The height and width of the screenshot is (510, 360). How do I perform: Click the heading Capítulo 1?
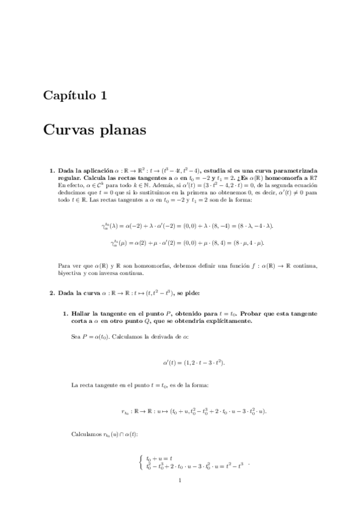tap(75, 95)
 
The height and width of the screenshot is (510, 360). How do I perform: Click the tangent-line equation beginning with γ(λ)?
tap(187, 226)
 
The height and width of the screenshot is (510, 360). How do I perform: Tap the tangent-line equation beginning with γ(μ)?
tap(187, 243)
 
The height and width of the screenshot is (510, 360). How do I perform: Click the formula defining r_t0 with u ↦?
tap(194, 411)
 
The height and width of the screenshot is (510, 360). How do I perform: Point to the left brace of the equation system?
tap(140, 462)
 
